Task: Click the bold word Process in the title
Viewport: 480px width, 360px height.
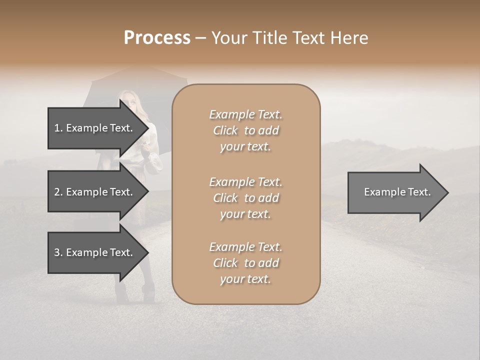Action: pos(157,38)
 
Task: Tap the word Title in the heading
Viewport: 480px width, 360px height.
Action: pos(271,38)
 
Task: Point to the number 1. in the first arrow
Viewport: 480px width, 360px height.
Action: pos(58,128)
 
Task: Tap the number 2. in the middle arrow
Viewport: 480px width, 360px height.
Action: pos(58,192)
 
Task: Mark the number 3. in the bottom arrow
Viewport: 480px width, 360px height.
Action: pos(58,252)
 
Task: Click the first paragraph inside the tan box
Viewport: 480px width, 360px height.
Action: pos(245,130)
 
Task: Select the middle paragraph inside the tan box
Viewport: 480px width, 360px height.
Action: pos(245,198)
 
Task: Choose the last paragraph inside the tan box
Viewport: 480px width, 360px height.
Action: pos(245,263)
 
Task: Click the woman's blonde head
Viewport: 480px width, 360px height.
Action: pos(128,99)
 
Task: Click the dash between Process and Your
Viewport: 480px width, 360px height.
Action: pos(201,38)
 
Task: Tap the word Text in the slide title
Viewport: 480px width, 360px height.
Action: pos(311,38)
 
